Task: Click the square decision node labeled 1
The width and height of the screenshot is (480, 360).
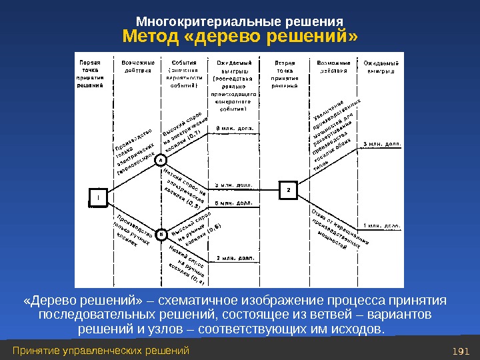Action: [x=98, y=198]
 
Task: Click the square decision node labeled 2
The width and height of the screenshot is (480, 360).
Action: [x=288, y=190]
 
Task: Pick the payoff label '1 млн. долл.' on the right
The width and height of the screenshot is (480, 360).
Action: [x=382, y=225]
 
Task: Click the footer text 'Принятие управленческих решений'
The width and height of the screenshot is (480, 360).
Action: [x=101, y=351]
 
